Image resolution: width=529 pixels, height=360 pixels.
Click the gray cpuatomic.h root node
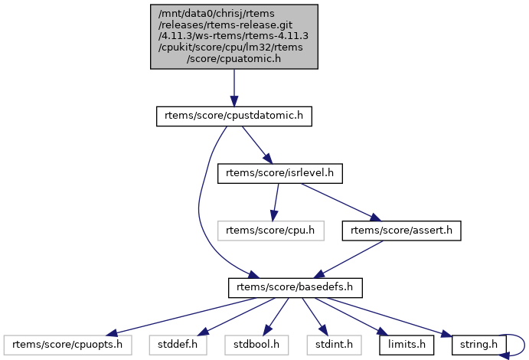234,36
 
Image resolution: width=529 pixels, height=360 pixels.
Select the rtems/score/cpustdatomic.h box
234,116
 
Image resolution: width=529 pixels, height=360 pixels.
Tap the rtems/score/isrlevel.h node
279,173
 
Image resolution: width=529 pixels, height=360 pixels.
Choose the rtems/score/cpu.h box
270,230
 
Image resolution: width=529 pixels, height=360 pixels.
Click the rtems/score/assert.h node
401,230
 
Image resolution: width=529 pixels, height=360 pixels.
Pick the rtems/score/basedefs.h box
295,287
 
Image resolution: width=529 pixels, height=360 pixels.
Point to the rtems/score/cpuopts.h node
67,344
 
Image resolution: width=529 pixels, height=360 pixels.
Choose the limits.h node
407,344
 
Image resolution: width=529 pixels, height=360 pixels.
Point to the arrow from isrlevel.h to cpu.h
275,201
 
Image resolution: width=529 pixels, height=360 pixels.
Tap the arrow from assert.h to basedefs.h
348,259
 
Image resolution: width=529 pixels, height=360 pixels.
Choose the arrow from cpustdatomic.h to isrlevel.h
256,145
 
